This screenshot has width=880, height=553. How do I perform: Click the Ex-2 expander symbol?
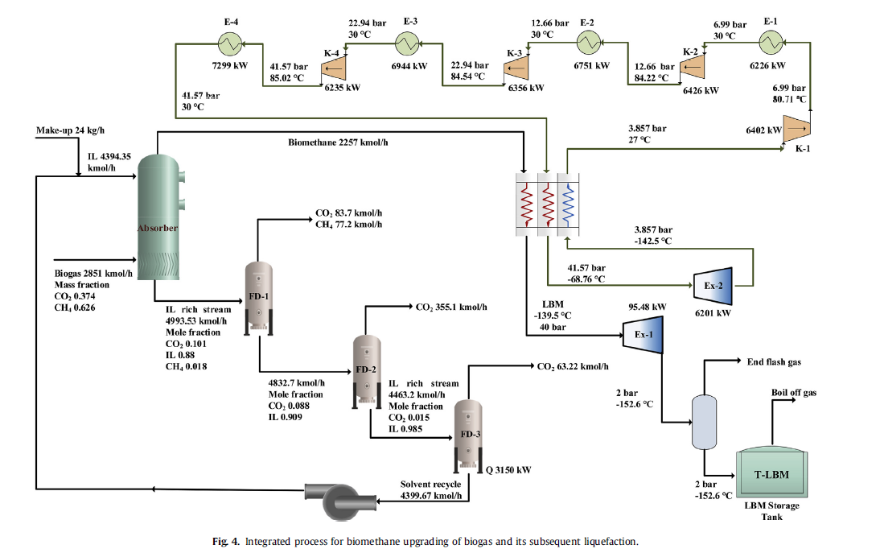click(x=713, y=283)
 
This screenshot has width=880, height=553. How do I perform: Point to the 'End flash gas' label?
click(x=774, y=362)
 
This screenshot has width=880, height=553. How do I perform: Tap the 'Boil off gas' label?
click(x=793, y=393)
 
